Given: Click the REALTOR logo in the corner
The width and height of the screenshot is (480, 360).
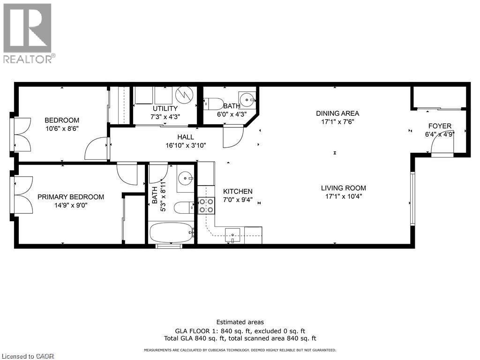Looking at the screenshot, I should (x=28, y=33).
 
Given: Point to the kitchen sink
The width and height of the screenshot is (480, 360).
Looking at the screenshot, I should (x=232, y=234).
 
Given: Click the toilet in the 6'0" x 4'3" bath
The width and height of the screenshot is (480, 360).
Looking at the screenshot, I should (x=213, y=103).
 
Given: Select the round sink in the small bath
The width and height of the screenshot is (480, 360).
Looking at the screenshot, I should (x=247, y=99).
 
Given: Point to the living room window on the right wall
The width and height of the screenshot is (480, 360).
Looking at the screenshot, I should (x=412, y=199).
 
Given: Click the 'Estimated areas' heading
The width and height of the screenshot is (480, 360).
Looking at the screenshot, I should (x=240, y=322).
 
